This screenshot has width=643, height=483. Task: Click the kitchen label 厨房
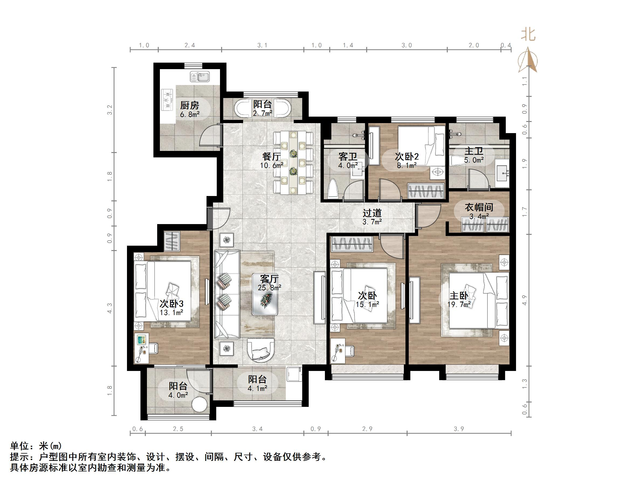pos(190,105)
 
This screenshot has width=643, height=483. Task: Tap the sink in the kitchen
pos(200,77)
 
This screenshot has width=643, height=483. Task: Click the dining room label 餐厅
pos(271,157)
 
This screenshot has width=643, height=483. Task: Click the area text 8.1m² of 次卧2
pos(407,166)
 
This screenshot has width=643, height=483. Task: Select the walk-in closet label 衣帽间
pos(479,207)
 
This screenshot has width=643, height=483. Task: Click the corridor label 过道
pos(372,213)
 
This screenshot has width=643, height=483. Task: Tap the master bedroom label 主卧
pos(459,296)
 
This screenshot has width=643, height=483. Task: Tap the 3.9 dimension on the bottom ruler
pos(459,429)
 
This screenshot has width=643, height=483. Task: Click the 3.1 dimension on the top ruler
pos(262,45)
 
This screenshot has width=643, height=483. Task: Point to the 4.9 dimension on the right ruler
pos(524,300)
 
